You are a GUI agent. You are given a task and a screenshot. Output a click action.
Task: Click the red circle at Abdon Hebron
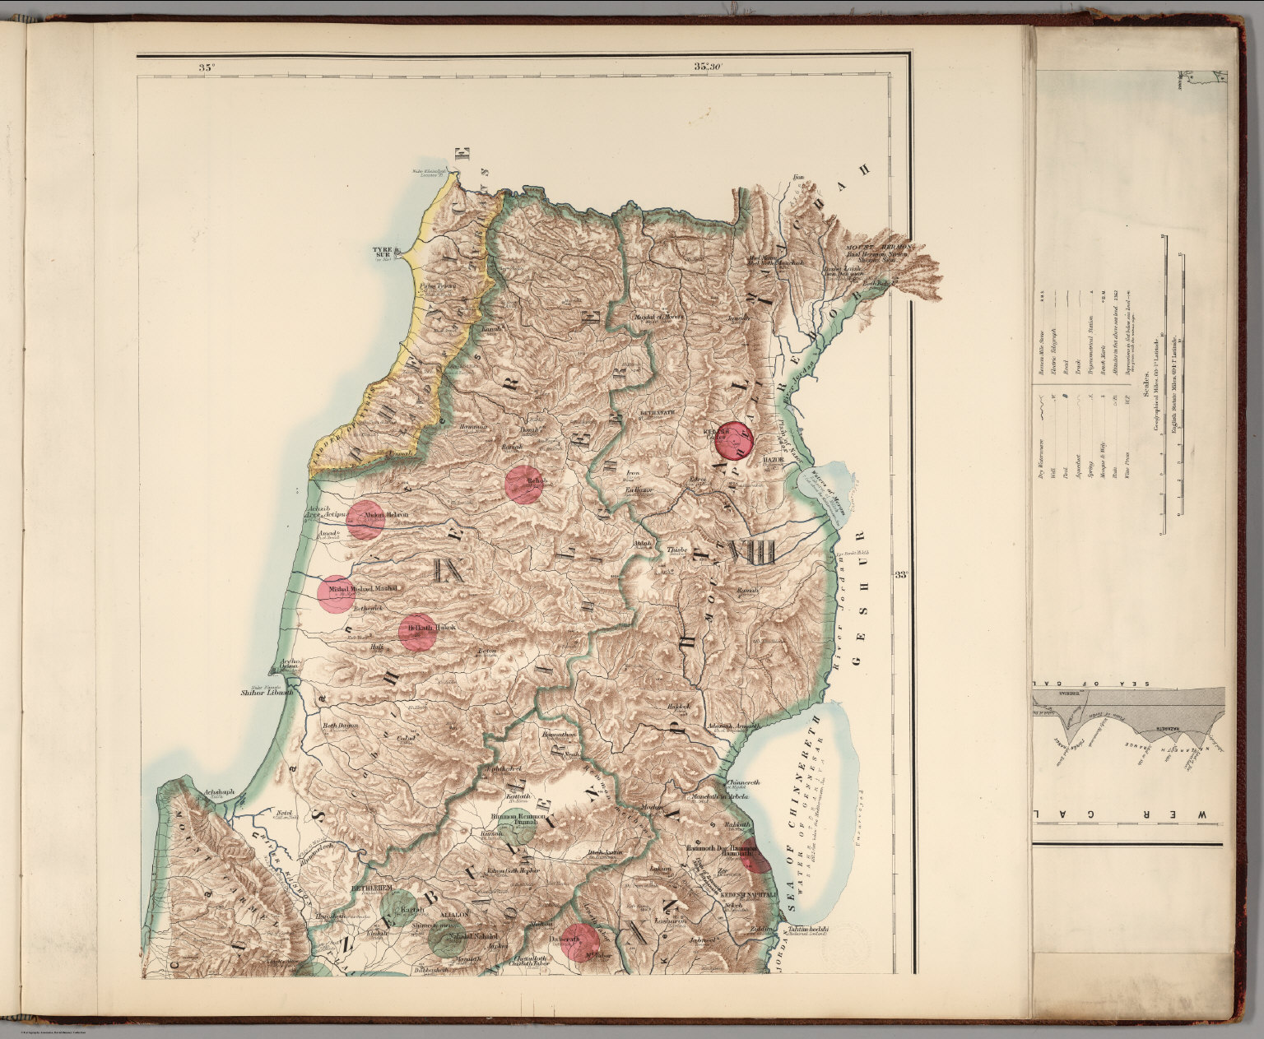365,519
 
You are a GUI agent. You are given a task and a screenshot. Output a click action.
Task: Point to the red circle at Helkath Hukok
418,632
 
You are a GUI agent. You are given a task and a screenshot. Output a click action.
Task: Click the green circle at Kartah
402,910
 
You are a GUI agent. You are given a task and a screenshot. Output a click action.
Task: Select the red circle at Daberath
580,942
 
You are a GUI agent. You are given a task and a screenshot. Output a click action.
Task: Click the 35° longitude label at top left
205,67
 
